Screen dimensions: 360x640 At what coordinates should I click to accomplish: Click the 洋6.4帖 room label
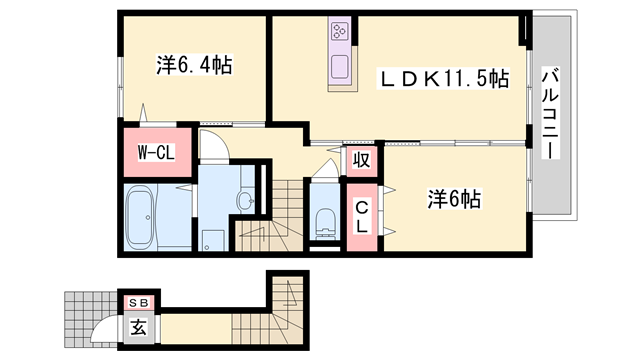(194, 66)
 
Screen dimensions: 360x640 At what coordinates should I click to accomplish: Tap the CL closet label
(362, 216)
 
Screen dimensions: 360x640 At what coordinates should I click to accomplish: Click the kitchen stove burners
(337, 33)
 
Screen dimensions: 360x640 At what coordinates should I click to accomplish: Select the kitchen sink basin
(337, 68)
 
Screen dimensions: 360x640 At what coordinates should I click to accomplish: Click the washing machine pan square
(212, 241)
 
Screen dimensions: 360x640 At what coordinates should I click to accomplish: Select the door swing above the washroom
(213, 148)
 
